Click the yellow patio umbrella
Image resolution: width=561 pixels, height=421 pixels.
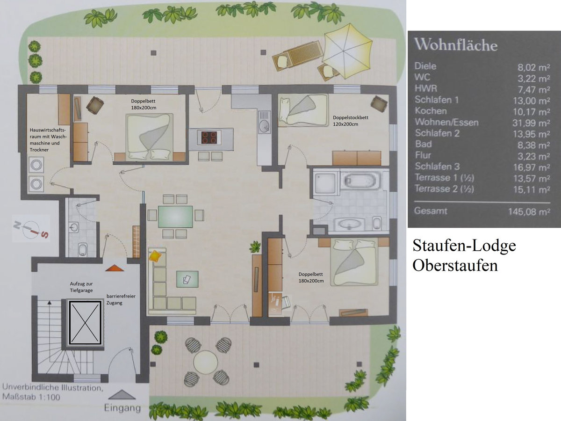click(347, 51)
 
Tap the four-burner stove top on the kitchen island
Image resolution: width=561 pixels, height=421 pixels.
click(209, 137)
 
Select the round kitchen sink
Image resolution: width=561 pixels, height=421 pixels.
click(264, 126)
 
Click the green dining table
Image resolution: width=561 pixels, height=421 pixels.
click(175, 217)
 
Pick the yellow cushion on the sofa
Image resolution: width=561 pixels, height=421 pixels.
click(155, 256)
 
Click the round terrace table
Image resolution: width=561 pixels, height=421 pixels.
click(206, 362)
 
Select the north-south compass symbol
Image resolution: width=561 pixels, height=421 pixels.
click(31, 229)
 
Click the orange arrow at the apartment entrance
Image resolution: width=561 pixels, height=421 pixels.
click(115, 268)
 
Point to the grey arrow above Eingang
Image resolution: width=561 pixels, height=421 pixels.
click(122, 394)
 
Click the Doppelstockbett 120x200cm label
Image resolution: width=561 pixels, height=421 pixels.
click(351, 121)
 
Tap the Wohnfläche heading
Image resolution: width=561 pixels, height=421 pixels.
click(456, 45)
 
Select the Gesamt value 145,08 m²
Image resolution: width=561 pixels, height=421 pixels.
click(529, 212)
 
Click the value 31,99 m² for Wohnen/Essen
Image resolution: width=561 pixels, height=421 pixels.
click(531, 123)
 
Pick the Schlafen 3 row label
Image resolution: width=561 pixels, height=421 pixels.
click(437, 167)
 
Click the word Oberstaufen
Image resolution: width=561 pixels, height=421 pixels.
click(455, 266)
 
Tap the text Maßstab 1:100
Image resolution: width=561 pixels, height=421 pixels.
click(31, 397)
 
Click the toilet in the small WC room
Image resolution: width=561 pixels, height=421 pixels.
click(82, 249)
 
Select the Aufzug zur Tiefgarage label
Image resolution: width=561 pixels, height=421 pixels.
click(81, 287)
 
